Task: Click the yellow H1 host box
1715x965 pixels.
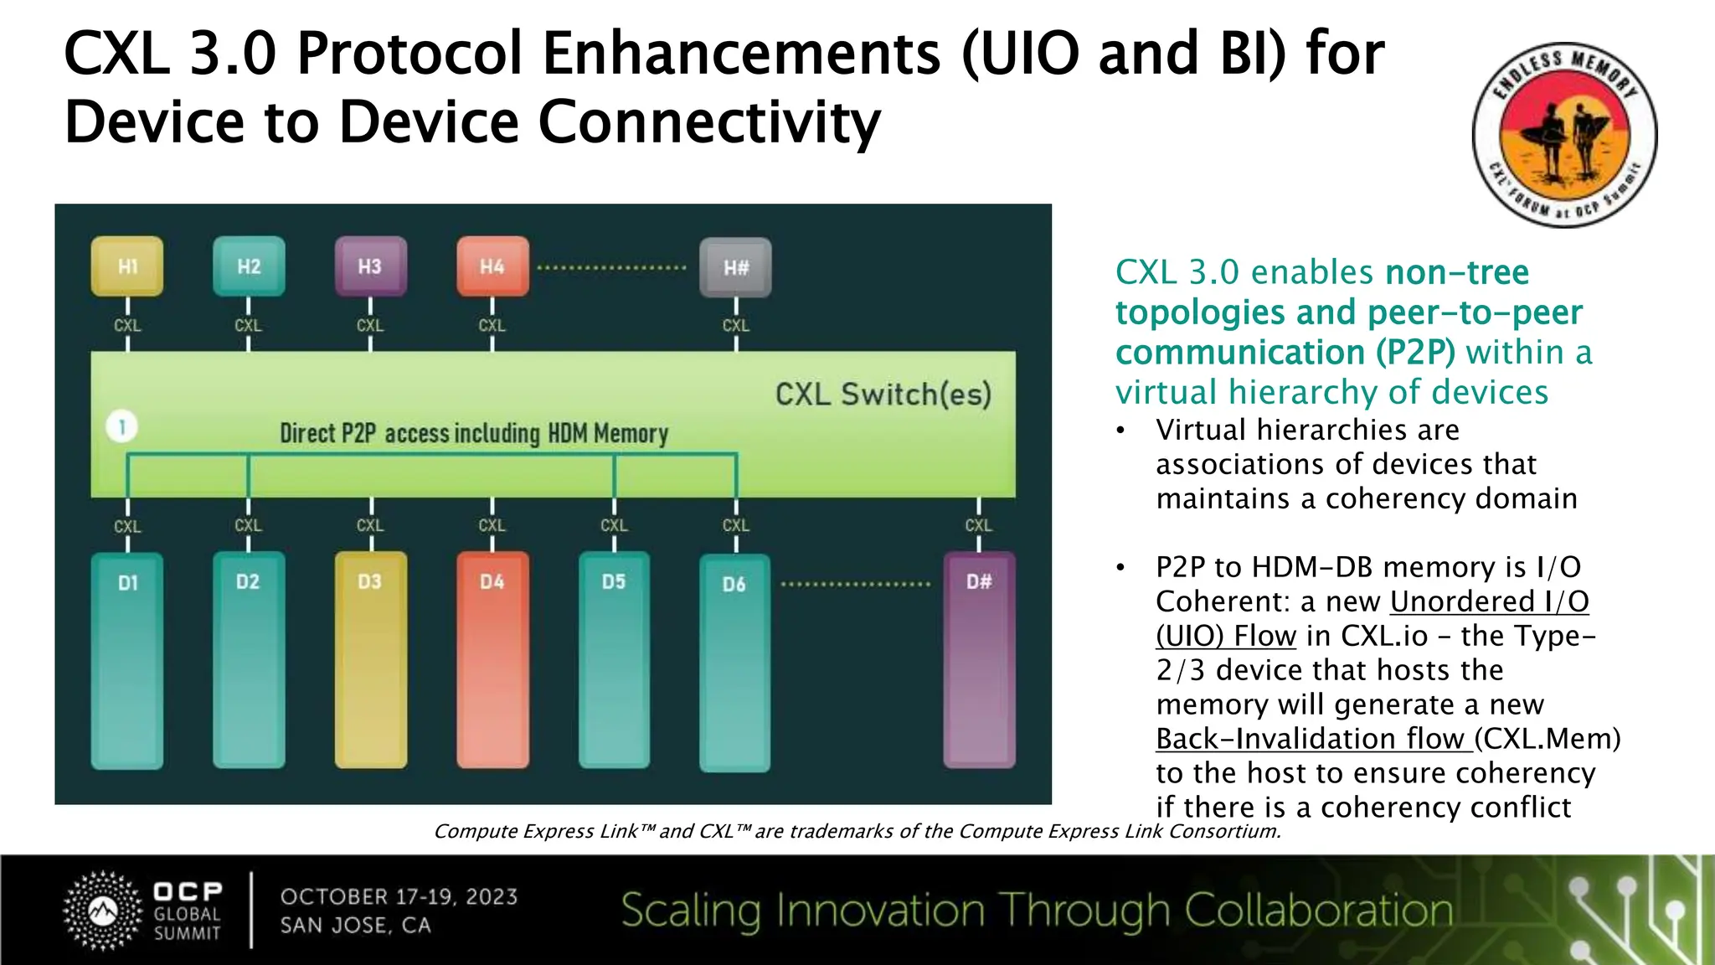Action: (x=127, y=266)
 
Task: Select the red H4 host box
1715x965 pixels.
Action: (x=492, y=266)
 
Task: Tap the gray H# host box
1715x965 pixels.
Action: (x=735, y=267)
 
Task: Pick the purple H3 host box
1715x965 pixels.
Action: (x=370, y=266)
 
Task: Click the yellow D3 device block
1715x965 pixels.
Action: (x=370, y=659)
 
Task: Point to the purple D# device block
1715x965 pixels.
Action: (x=979, y=659)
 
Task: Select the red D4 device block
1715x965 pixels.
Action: (x=492, y=659)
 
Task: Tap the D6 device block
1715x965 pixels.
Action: (x=734, y=662)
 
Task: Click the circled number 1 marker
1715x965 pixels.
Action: (x=122, y=427)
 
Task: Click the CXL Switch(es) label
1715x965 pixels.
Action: (x=883, y=394)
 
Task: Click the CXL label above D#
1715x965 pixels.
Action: (x=978, y=525)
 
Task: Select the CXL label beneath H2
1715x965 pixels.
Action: (x=248, y=325)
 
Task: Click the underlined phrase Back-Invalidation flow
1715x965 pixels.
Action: (x=1312, y=739)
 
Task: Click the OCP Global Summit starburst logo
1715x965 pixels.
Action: (x=102, y=911)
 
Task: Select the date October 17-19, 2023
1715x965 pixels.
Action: (x=399, y=896)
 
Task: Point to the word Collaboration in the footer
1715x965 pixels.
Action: (x=1318, y=911)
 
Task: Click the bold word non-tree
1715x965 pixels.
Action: (x=1457, y=272)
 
